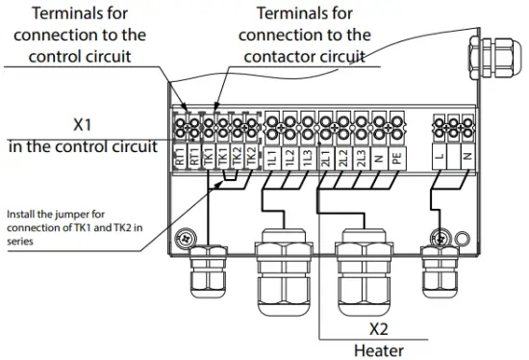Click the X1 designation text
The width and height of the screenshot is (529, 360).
click(84, 125)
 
